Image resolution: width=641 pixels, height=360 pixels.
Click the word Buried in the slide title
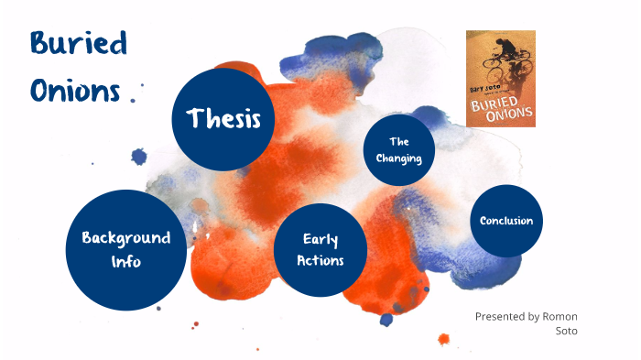coord(78,44)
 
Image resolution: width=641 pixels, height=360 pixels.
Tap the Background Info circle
coord(125,248)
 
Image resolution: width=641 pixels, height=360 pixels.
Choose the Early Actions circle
coord(320,249)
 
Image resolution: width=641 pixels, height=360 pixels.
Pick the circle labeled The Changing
coord(398,150)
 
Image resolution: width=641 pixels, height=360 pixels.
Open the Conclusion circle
coord(505,221)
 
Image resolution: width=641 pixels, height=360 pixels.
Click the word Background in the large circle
coord(125,237)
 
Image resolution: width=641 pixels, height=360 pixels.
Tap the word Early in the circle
coord(320,239)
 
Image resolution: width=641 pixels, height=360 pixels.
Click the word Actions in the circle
coord(320,260)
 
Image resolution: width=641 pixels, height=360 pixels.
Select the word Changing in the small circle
coord(398,158)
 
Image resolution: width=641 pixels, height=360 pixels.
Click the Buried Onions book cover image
coord(500,79)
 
